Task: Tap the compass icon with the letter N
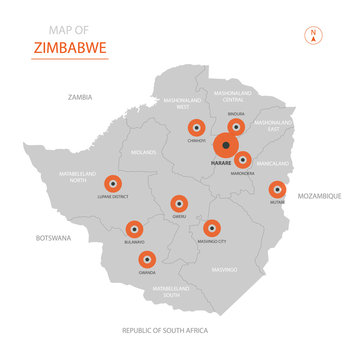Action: pyautogui.click(x=313, y=36)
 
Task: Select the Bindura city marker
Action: pyautogui.click(x=236, y=127)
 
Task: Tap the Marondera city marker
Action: pyautogui.click(x=243, y=159)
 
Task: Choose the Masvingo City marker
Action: pyautogui.click(x=211, y=227)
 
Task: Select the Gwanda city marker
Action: pyautogui.click(x=148, y=259)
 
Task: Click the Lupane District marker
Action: pyautogui.click(x=112, y=183)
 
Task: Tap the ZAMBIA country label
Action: pyautogui.click(x=80, y=97)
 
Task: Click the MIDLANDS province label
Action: pyautogui.click(x=144, y=153)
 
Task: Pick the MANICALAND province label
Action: pyautogui.click(x=272, y=162)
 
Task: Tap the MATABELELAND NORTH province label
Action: pyautogui.click(x=77, y=176)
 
